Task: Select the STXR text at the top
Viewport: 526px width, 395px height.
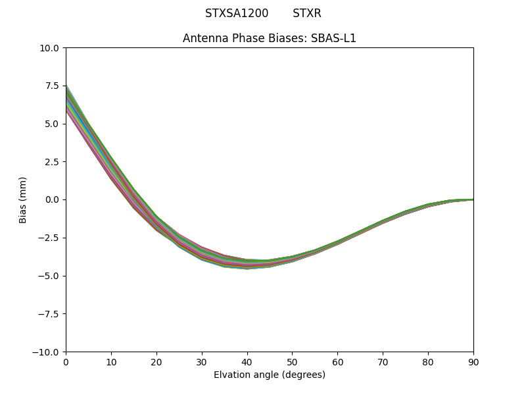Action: [307, 13]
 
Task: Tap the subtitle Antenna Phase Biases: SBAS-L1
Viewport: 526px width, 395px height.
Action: [270, 38]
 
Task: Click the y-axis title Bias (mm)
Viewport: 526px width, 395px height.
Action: [23, 199]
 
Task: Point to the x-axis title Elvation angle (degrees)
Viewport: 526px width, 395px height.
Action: [270, 375]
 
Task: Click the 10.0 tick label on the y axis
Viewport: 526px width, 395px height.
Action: [51, 48]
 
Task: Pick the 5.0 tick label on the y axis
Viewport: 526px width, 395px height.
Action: [53, 124]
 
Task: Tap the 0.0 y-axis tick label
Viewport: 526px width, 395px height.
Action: [53, 199]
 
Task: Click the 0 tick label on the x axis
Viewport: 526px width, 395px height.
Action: [66, 361]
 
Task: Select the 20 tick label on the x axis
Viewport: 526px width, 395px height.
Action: [156, 361]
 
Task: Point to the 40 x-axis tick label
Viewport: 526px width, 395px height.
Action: [247, 361]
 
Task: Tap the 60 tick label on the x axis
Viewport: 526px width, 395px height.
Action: [337, 361]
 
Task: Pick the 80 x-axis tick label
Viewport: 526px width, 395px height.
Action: [428, 361]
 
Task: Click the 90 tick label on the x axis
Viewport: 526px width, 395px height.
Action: [473, 361]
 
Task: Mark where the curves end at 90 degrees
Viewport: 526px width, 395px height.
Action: [473, 199]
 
